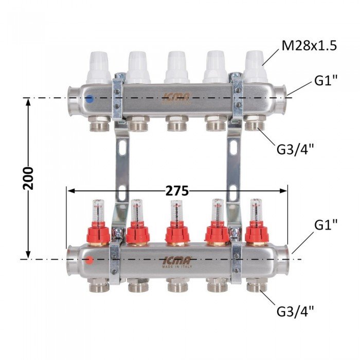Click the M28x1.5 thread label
point(309,46)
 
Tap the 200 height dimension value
point(28,178)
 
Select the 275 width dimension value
point(177,191)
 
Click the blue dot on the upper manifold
point(89,99)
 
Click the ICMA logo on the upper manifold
point(176,98)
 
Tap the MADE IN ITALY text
point(177,267)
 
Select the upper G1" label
point(326,80)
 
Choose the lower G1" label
point(326,225)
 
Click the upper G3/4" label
point(295,150)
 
